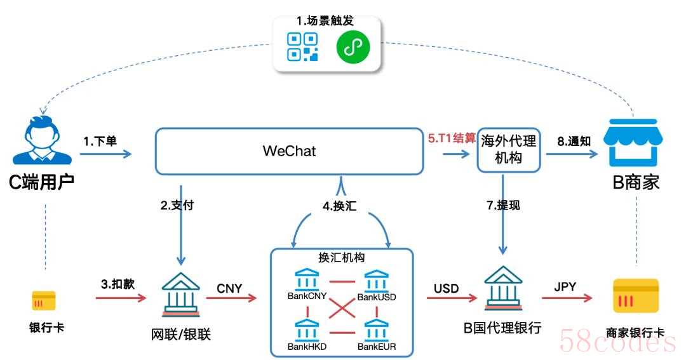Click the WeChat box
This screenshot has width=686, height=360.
290,151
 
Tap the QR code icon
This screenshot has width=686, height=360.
302,46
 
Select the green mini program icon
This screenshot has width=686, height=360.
353,46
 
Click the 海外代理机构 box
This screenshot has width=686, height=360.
508,150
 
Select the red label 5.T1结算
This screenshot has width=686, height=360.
451,137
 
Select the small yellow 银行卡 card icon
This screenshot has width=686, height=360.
44,300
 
